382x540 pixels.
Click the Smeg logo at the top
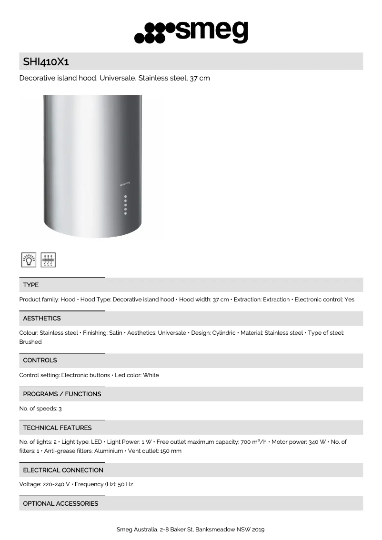tap(191, 32)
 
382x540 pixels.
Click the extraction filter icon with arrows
tap(48, 260)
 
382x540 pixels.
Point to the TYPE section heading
tap(31, 285)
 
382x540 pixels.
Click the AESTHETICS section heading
tap(42, 318)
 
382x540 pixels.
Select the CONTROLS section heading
tap(40, 360)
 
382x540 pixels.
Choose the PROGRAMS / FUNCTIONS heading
tap(62, 394)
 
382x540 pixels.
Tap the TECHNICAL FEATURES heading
tap(57, 428)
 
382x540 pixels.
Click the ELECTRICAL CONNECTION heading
tap(63, 470)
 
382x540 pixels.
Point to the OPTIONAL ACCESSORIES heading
tap(60, 503)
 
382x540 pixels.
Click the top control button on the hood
tap(125, 197)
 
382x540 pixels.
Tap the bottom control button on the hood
tap(125, 213)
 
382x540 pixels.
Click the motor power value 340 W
tap(317, 442)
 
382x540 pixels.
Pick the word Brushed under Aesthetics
tap(30, 342)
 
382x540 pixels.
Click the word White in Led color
tap(151, 375)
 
